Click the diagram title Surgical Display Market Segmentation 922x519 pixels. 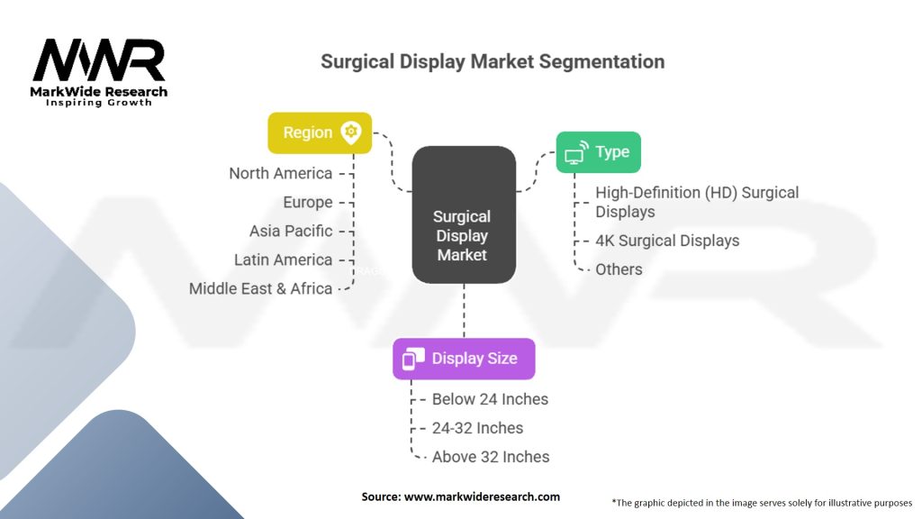[493, 62]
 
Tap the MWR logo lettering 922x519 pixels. [99, 60]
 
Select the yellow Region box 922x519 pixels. [320, 132]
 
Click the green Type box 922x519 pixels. [598, 151]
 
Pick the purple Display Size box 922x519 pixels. [464, 359]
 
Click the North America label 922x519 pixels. [280, 173]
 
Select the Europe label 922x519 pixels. [307, 202]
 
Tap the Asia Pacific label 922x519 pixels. [291, 231]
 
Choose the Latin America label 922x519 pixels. [283, 259]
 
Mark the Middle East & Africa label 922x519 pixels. [260, 288]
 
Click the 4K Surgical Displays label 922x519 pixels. [667, 241]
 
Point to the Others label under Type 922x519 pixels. [619, 269]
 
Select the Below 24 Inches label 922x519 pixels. [490, 399]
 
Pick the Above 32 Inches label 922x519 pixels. [491, 457]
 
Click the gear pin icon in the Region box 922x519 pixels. [350, 132]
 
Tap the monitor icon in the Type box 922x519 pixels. [575, 153]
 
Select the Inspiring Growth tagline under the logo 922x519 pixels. [99, 103]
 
